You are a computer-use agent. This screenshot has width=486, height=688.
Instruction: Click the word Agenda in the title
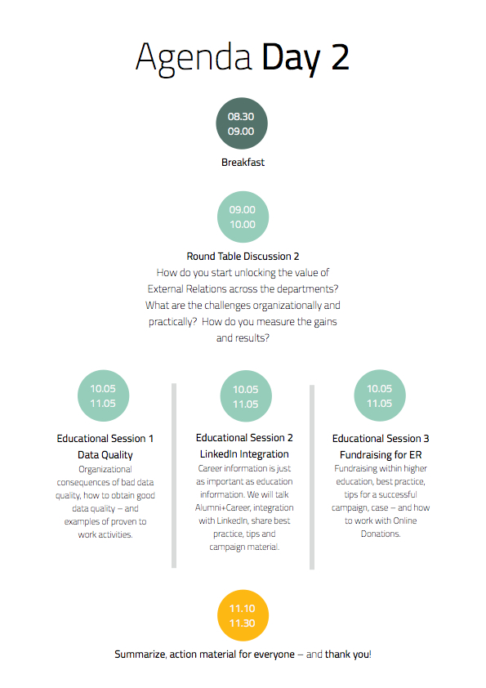(x=194, y=58)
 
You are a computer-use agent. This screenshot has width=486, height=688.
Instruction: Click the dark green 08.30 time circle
(x=242, y=123)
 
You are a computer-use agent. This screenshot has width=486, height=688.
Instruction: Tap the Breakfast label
(x=243, y=163)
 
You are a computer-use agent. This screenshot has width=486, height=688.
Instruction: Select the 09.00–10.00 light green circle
(x=243, y=217)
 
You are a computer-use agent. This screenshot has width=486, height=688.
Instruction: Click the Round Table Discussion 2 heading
(x=243, y=257)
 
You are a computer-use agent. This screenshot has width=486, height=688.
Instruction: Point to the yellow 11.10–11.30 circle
(x=243, y=615)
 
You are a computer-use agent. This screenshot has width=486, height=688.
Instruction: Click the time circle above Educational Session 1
(x=104, y=395)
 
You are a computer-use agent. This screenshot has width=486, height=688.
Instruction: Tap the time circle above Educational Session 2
(x=246, y=396)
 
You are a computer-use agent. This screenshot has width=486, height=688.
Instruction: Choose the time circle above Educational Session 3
(x=380, y=395)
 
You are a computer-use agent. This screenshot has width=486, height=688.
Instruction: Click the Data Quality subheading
(x=105, y=455)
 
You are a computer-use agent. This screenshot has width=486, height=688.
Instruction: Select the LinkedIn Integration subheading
(x=244, y=454)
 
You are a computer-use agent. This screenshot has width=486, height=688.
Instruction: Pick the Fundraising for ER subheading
(x=381, y=455)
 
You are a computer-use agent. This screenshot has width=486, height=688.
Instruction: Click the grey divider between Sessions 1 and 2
(x=174, y=476)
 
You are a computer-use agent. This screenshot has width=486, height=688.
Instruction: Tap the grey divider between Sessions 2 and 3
(x=312, y=477)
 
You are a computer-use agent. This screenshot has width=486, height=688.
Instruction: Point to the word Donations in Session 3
(x=381, y=534)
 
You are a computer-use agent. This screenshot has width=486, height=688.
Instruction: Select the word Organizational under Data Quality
(x=105, y=470)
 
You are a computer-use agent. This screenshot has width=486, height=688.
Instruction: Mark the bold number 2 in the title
(x=341, y=57)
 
